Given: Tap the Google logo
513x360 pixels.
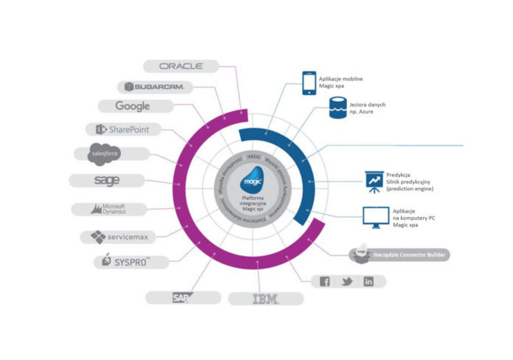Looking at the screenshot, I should point(133,106).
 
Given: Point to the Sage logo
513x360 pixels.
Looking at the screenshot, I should point(107,180).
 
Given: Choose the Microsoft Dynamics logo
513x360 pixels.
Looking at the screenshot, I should point(108,209).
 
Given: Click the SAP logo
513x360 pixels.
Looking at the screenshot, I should point(181,297).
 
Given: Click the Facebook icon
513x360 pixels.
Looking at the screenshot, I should point(324,281).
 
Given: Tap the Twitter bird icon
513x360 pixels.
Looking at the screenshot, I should point(346,281).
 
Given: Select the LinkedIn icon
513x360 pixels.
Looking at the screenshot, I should point(369,281).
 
